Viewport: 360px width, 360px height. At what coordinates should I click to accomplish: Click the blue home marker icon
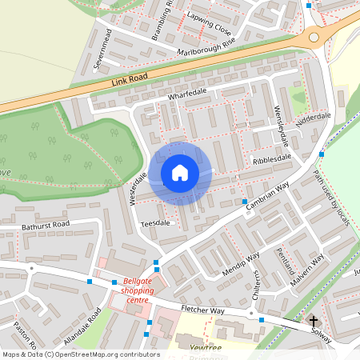[x=180, y=173]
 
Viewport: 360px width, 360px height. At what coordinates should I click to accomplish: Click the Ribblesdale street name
[x=272, y=160]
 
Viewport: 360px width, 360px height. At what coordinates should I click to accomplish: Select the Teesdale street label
[x=155, y=222]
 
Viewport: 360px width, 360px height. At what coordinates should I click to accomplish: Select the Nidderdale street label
[x=313, y=118]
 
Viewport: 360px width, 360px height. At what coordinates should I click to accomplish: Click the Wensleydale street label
[x=282, y=126]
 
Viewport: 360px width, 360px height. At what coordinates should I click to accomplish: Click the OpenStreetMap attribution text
[x=80, y=354]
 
